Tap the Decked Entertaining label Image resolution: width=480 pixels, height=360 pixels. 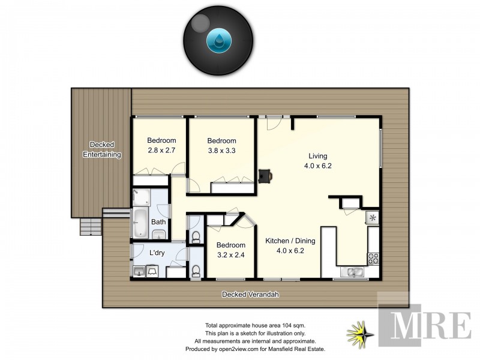click(x=101, y=149)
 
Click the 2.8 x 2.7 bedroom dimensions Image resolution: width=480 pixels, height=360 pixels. click(x=161, y=151)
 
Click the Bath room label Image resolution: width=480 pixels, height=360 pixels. click(x=158, y=222)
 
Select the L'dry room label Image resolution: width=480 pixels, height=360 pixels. click(x=157, y=253)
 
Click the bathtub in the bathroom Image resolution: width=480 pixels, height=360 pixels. click(x=140, y=223)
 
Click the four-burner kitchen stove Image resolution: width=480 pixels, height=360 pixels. click(x=373, y=258)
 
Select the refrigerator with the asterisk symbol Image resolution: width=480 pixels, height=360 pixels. click(x=373, y=218)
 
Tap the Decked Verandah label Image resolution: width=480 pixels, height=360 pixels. click(x=251, y=295)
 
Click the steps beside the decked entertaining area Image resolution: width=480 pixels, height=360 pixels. click(x=90, y=227)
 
